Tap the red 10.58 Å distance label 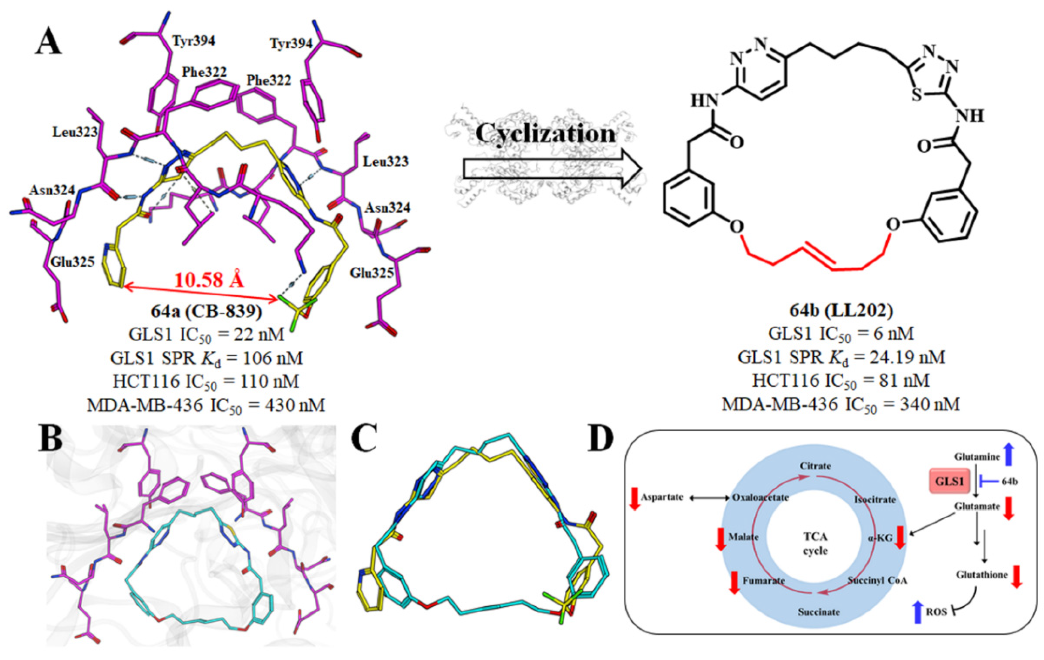[209, 280]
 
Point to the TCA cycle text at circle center [815, 544]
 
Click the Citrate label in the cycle [815, 466]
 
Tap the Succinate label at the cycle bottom [819, 612]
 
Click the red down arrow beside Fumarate [734, 582]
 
